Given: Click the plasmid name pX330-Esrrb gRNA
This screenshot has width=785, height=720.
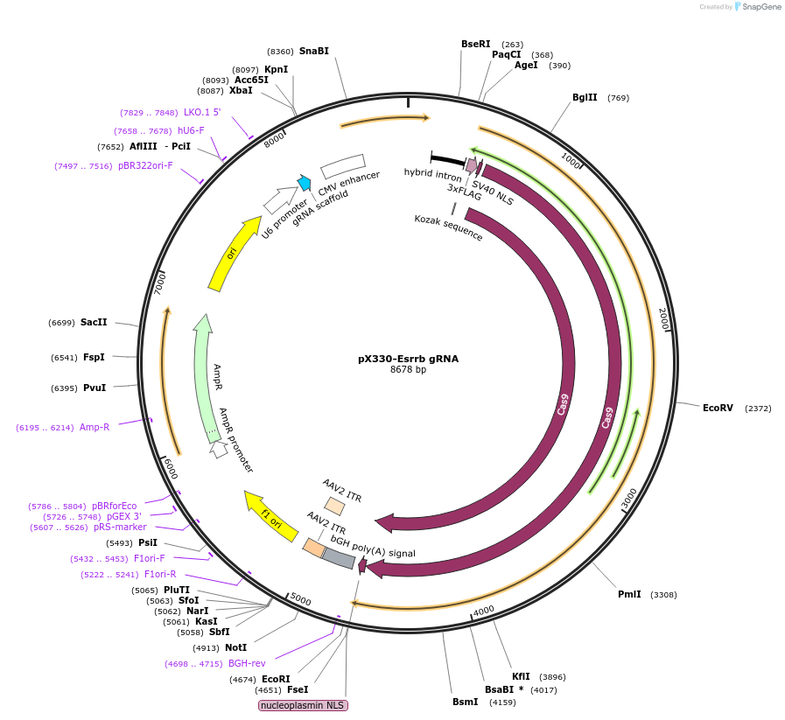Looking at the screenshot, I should click(x=408, y=359).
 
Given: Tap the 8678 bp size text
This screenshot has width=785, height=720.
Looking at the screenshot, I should click(x=408, y=370).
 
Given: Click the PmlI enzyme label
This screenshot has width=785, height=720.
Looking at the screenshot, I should click(x=629, y=595).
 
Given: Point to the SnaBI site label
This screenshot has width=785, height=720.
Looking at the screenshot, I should click(x=314, y=51).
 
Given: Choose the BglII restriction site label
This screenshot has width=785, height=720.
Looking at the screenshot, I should click(x=585, y=97).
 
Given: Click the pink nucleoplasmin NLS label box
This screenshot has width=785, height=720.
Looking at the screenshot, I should click(x=304, y=705).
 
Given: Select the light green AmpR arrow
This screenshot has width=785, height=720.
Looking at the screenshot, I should click(x=206, y=376).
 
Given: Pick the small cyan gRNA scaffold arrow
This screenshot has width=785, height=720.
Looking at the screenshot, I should click(x=305, y=183).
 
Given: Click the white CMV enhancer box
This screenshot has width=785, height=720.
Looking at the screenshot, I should click(x=342, y=165).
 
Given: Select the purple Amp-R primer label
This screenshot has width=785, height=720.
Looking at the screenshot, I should click(x=95, y=427).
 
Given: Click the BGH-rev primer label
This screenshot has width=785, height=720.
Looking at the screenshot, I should click(x=247, y=663).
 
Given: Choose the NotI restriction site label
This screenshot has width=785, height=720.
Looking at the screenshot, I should click(x=235, y=647).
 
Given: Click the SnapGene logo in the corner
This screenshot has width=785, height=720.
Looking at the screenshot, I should click(x=757, y=7).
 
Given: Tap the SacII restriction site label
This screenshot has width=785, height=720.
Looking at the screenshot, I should click(x=94, y=322).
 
